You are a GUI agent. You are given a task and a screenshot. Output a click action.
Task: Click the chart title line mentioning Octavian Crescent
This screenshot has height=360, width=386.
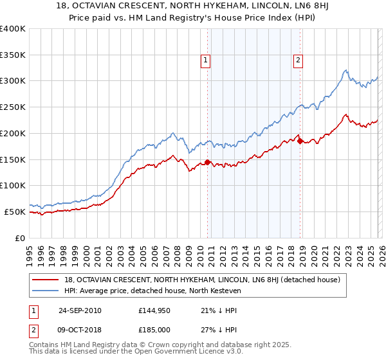coord(192,6)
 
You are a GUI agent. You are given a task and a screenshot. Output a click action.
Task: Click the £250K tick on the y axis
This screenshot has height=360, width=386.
coord(13,107)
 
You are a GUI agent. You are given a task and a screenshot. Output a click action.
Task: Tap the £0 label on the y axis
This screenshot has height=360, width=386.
coord(21,238)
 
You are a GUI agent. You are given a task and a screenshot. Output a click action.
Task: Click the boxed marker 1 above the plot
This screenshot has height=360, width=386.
coord(205,61)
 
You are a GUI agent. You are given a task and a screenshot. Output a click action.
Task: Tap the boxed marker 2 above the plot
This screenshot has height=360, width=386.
coord(299,61)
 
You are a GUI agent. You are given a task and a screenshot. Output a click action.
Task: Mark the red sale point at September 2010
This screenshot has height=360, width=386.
coord(207,162)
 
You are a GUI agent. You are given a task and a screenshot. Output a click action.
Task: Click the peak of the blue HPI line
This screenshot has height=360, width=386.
coord(345,70)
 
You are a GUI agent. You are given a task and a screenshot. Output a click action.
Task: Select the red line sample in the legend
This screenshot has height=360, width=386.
coord(46,280)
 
